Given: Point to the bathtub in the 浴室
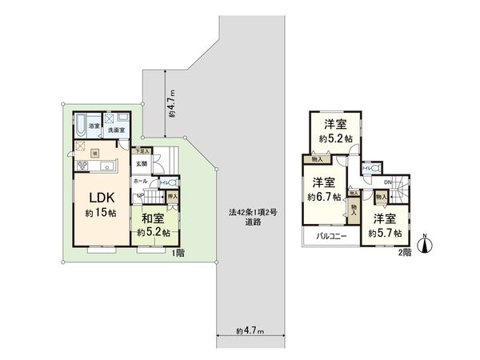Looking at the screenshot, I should (x=82, y=126).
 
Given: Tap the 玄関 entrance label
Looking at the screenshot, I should (x=141, y=165).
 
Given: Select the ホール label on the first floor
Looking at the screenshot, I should (x=139, y=182).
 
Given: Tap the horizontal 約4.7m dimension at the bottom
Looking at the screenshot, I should (x=250, y=330).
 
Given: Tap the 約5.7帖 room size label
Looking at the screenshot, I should (x=382, y=232).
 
